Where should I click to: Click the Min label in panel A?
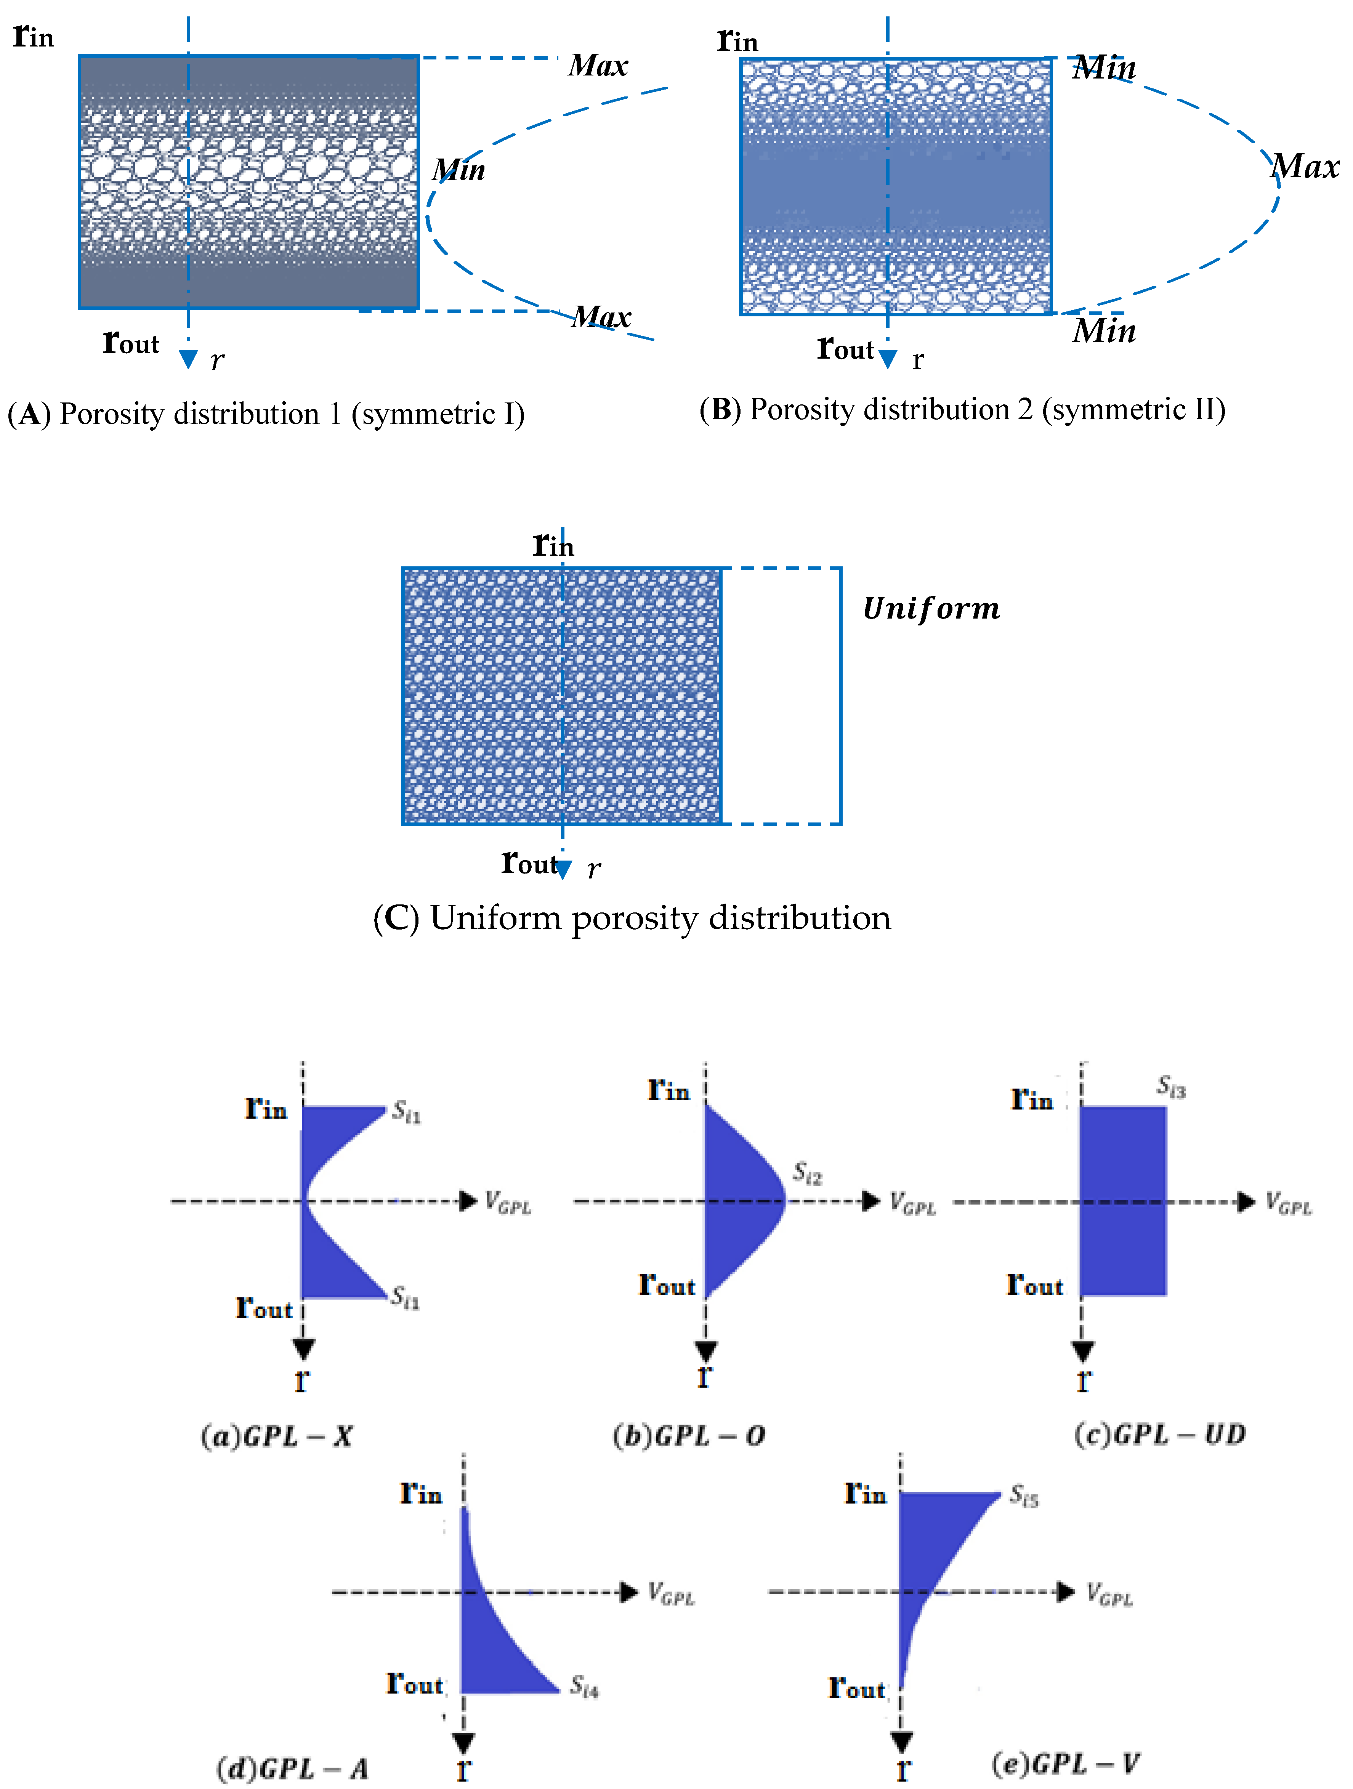(458, 170)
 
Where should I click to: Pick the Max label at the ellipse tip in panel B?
(1305, 167)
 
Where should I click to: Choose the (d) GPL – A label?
(293, 1769)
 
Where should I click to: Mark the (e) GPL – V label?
(1066, 1763)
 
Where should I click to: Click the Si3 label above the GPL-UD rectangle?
(1171, 1086)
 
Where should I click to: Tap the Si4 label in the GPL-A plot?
(584, 1686)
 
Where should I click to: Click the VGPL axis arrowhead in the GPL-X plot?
(467, 1201)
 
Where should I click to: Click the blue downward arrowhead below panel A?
(188, 359)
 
